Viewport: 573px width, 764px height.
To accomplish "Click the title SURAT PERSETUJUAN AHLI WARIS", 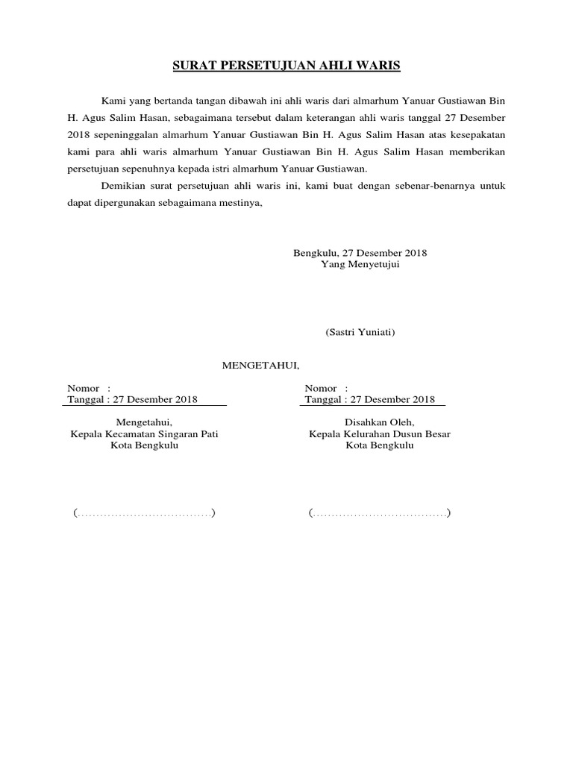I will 286,66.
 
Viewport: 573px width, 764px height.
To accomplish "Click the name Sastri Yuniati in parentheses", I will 360,332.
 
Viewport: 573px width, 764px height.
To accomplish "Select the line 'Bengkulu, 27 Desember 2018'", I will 360,253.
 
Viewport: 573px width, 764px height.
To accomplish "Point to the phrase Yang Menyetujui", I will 360,265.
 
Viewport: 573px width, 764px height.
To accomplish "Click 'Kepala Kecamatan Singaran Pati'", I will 144,433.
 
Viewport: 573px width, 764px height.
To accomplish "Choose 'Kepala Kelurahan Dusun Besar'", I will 380,433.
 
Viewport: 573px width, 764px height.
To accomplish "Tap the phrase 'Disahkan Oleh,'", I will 380,422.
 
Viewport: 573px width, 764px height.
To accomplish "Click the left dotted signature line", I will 144,513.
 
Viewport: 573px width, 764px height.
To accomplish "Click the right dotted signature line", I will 380,513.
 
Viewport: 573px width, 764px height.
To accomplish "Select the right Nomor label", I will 319,389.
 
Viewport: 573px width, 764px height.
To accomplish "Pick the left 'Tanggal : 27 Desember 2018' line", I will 132,400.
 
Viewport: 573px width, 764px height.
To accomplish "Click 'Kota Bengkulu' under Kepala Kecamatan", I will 144,445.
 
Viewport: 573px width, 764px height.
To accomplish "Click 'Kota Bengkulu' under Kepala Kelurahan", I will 380,445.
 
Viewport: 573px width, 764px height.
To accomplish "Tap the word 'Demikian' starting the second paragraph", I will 120,186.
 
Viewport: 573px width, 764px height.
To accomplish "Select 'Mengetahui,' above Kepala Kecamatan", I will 144,422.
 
